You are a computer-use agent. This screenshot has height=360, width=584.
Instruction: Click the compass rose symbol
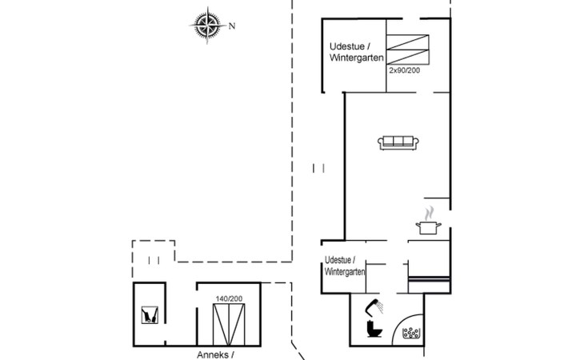tap(207, 26)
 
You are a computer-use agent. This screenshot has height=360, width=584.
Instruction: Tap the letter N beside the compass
tap(232, 26)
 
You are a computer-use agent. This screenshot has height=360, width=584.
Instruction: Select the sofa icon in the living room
tap(398, 143)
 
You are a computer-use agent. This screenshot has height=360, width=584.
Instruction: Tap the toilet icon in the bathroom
tap(374, 328)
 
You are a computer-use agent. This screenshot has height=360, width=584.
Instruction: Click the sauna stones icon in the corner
tap(411, 333)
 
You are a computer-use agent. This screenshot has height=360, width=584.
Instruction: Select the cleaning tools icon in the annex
tap(150, 315)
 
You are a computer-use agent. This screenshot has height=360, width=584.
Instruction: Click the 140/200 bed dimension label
tap(229, 298)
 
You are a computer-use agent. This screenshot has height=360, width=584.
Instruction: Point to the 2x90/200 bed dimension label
tap(405, 70)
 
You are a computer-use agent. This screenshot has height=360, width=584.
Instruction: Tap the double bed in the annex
tap(229, 325)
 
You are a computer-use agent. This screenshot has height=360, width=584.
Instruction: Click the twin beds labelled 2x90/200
tap(407, 50)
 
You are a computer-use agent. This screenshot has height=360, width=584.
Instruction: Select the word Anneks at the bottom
tap(213, 354)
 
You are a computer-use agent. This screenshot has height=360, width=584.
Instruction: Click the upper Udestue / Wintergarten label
tap(357, 52)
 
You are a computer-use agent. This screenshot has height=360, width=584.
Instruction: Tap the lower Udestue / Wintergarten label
tap(345, 266)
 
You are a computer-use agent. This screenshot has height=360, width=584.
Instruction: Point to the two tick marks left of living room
tap(318, 168)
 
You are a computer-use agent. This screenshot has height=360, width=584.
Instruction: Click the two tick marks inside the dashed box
tap(154, 260)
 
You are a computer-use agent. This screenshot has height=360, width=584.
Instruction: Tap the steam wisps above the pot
tap(430, 214)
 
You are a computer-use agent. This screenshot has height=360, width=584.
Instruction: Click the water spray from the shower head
tap(380, 307)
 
